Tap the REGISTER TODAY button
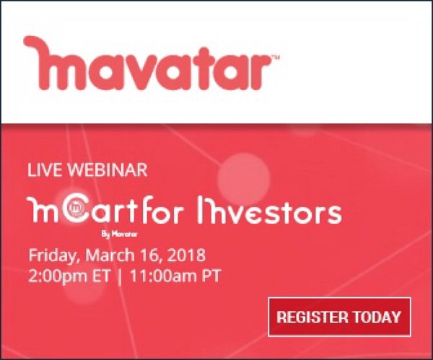[x=338, y=316]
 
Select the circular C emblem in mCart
[x=74, y=211]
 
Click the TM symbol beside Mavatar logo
[x=275, y=56]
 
